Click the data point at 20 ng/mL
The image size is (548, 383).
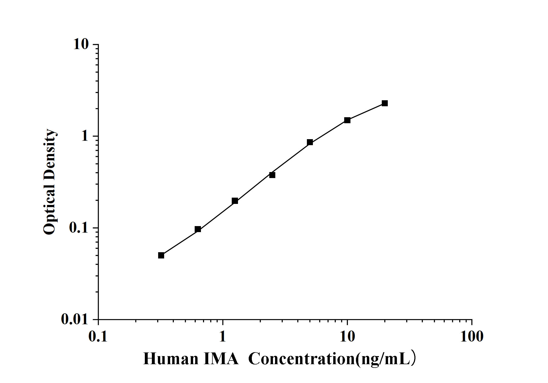click(385, 103)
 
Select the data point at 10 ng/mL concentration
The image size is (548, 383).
click(347, 120)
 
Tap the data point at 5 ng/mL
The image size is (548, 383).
click(310, 142)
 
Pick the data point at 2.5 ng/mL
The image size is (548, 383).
click(272, 175)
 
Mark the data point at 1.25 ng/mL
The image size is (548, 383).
click(235, 201)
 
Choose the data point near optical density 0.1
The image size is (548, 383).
click(198, 229)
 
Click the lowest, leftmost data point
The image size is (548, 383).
click(161, 255)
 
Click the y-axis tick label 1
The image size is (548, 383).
click(85, 136)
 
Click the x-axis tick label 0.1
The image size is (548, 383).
click(98, 337)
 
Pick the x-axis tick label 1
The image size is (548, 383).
click(222, 337)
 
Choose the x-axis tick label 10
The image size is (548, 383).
click(347, 337)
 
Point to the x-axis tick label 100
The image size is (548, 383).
click(472, 337)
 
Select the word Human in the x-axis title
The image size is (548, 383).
click(171, 359)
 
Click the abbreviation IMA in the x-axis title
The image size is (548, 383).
click(221, 359)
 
